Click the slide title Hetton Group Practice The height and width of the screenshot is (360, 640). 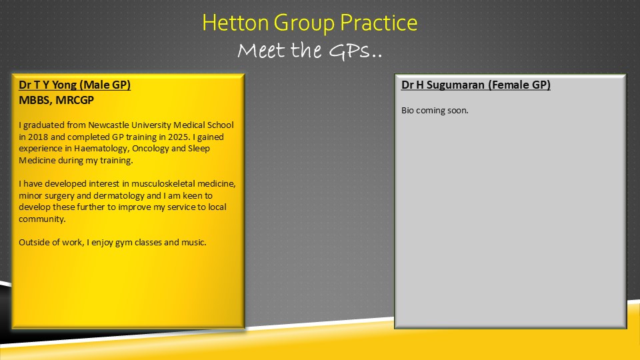point(310,23)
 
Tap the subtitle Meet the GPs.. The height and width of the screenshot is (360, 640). point(310,51)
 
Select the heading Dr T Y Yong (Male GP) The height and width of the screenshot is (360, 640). point(75,85)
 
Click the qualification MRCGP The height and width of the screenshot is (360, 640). point(75,100)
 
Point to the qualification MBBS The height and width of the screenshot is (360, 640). point(35,100)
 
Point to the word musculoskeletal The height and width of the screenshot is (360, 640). point(163,184)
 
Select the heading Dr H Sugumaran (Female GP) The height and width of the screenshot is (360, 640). point(476,85)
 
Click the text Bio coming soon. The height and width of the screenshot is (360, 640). point(435,111)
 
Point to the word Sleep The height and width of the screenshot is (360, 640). point(199,149)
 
